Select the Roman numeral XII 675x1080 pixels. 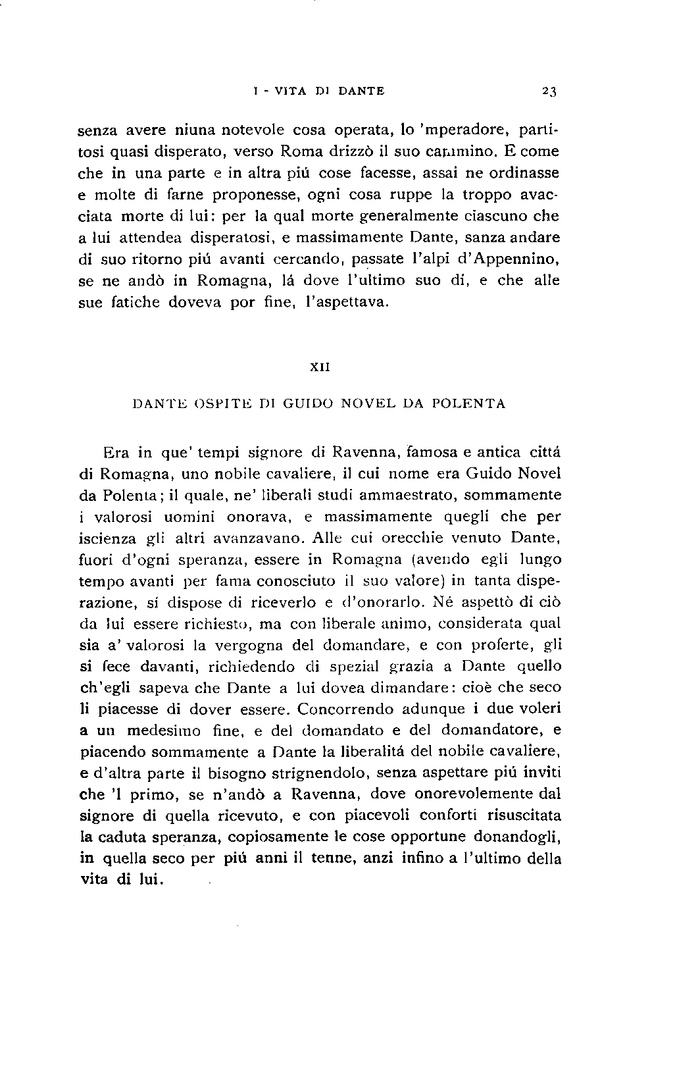click(320, 369)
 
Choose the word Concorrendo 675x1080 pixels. click(348, 709)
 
